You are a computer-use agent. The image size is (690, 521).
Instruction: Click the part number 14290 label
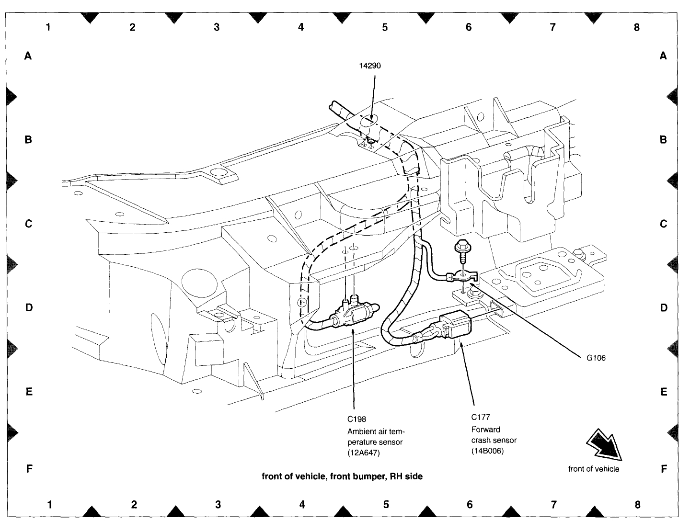point(370,66)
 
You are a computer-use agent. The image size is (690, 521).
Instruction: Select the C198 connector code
point(357,419)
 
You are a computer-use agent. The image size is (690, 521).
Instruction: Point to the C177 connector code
point(480,417)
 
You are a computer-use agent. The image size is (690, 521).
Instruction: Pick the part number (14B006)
point(487,451)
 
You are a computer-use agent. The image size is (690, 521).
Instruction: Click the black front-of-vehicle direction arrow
point(605,444)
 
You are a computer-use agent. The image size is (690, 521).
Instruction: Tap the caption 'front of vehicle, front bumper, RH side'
point(342,476)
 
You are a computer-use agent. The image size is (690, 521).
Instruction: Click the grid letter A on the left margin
point(28,56)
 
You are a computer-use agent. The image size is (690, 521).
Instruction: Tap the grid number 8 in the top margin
point(636,27)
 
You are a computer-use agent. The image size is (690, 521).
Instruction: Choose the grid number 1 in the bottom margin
point(50,504)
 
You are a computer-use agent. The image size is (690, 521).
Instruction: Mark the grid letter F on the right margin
point(664,469)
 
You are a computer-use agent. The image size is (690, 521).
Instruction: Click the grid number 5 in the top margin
point(385,27)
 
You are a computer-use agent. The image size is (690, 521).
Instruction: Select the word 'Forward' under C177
point(485,429)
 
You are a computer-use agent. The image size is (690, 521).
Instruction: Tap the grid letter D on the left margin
point(29,307)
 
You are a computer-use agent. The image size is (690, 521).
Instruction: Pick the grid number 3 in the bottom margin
point(218,504)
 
